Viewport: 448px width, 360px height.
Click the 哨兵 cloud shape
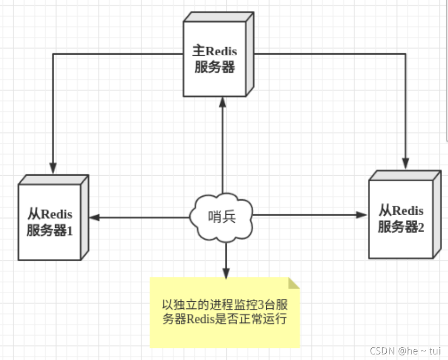(x=222, y=217)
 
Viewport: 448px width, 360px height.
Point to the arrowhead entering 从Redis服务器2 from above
(x=405, y=163)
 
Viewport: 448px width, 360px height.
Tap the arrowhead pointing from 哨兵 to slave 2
(x=361, y=215)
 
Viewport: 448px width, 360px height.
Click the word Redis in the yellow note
(x=201, y=319)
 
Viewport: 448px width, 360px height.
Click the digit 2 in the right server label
(x=421, y=227)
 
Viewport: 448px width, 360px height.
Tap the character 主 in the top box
(x=198, y=52)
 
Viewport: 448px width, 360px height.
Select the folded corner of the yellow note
(x=294, y=283)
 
